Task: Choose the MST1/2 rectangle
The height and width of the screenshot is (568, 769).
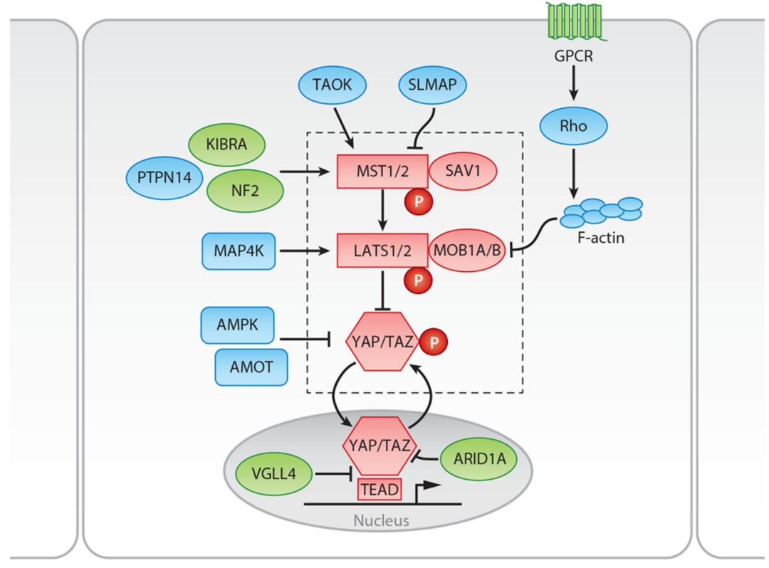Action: [382, 172]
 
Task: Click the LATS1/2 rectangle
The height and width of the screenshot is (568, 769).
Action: [382, 250]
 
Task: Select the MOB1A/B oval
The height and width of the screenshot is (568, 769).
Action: [468, 250]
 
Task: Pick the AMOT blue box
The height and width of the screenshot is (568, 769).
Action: [250, 367]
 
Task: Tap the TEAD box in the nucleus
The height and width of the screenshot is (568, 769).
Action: [378, 489]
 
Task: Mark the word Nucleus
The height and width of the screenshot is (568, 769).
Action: [382, 520]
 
